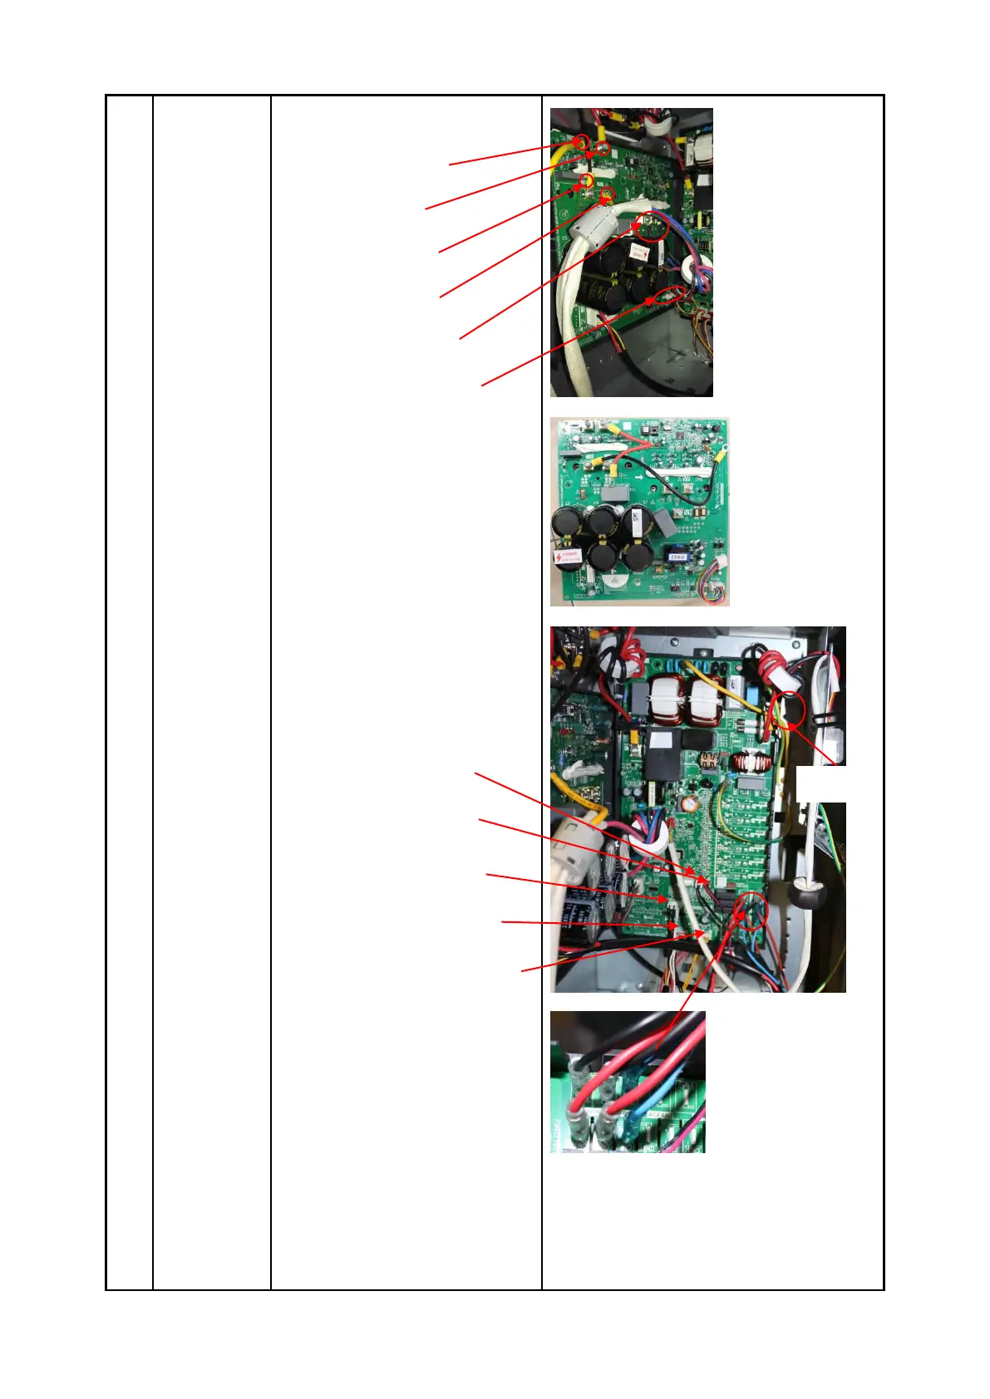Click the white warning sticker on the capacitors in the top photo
point(638,251)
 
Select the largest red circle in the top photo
point(652,226)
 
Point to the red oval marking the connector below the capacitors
point(672,295)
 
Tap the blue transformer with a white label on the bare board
point(676,552)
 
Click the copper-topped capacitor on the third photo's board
point(688,804)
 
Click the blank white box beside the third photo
point(821,783)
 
